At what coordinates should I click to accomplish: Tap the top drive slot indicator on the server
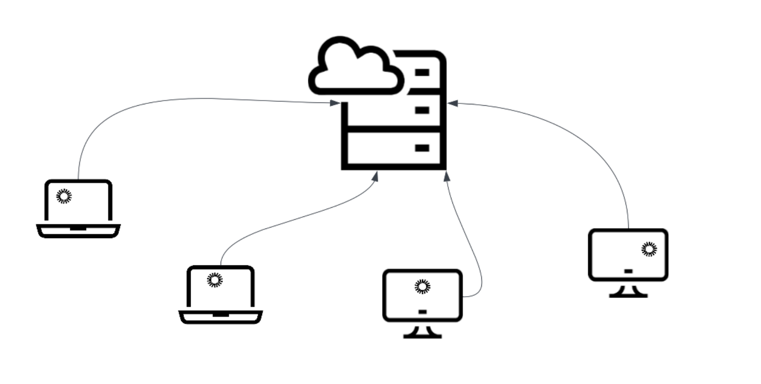coord(422,72)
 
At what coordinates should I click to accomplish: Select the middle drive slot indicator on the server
coord(422,110)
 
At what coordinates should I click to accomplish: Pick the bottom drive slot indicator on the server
coord(422,148)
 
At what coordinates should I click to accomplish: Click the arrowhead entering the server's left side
coord(335,102)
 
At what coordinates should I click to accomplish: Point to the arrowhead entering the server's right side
coord(452,103)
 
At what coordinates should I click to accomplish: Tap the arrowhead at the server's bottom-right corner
coord(447,177)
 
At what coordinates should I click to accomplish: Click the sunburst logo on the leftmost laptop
coord(64,196)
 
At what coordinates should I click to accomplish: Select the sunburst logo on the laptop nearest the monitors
coord(215,280)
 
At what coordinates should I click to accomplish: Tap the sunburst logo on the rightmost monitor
coord(649,249)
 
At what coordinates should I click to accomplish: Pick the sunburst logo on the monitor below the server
coord(422,286)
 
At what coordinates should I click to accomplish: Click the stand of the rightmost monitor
coord(628,291)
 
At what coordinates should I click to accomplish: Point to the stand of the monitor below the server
coord(422,332)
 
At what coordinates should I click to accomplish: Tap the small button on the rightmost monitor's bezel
coord(628,271)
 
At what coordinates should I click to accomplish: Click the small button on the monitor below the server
coord(422,312)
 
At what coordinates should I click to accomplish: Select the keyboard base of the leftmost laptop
coord(78,231)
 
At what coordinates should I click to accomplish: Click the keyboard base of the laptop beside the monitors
coord(220,317)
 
